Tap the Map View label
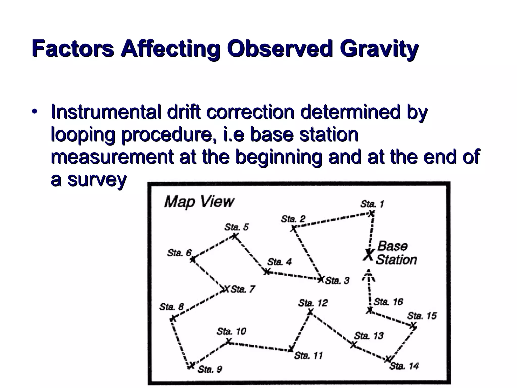point(199,202)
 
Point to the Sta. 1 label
point(372,204)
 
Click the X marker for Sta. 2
point(293,229)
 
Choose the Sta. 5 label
point(237,227)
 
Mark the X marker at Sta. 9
point(191,365)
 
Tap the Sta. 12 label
point(313,303)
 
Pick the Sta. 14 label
point(404,366)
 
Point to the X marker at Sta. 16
point(370,310)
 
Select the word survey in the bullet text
point(97,180)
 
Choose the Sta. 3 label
point(337,280)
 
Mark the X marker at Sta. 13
point(354,344)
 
